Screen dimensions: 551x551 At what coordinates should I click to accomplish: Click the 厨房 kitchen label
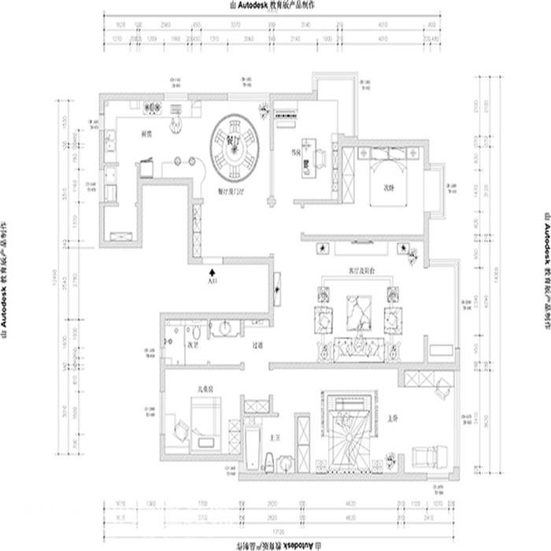pos(146,133)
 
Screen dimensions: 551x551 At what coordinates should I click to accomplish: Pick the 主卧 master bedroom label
pos(391,417)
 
